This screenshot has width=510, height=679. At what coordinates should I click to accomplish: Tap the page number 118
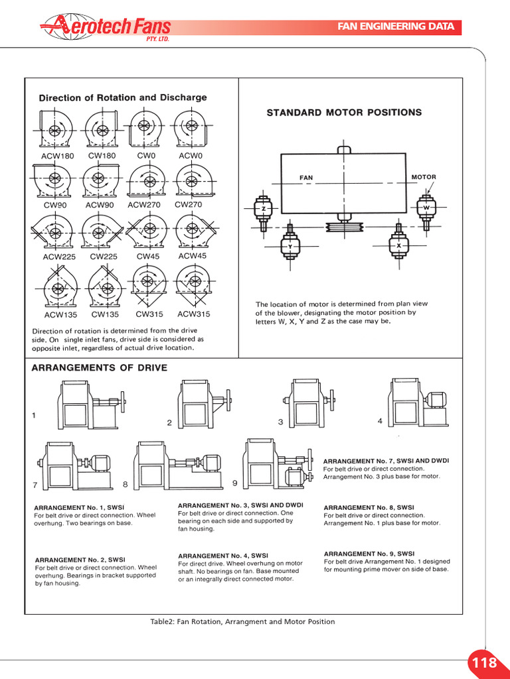click(484, 662)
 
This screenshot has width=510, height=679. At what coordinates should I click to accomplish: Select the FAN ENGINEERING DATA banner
click(396, 27)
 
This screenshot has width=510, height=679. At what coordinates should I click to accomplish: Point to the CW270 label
click(188, 205)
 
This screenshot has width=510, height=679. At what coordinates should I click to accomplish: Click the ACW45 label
click(193, 256)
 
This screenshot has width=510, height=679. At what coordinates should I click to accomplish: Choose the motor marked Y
click(290, 245)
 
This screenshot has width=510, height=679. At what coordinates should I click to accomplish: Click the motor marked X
click(398, 245)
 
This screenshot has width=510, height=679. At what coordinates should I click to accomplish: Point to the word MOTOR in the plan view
click(424, 177)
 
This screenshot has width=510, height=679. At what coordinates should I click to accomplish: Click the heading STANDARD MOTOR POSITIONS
click(344, 113)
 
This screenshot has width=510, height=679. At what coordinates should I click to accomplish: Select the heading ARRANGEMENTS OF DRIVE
click(100, 368)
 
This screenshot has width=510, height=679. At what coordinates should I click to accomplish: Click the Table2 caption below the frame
click(243, 622)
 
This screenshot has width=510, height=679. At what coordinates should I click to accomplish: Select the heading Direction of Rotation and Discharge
click(123, 97)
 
